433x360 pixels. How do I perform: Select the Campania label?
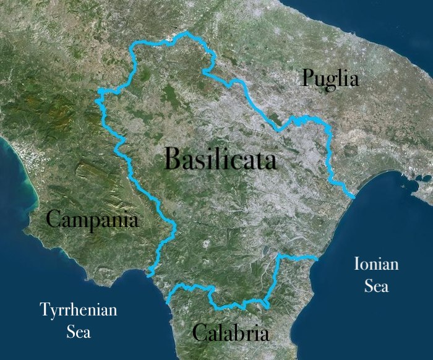coord(93,219)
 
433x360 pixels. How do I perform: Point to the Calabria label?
coord(231,333)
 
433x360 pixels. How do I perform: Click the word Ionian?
coord(376,265)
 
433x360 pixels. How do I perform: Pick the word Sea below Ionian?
coord(376,286)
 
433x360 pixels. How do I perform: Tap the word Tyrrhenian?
coord(78,310)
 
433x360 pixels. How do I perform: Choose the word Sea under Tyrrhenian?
coord(79,332)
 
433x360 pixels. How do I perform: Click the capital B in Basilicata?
coord(174,160)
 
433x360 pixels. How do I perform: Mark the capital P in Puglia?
coord(307,78)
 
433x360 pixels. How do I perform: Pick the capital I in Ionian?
coord(357,265)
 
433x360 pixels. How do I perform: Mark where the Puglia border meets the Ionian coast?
coord(353,196)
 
